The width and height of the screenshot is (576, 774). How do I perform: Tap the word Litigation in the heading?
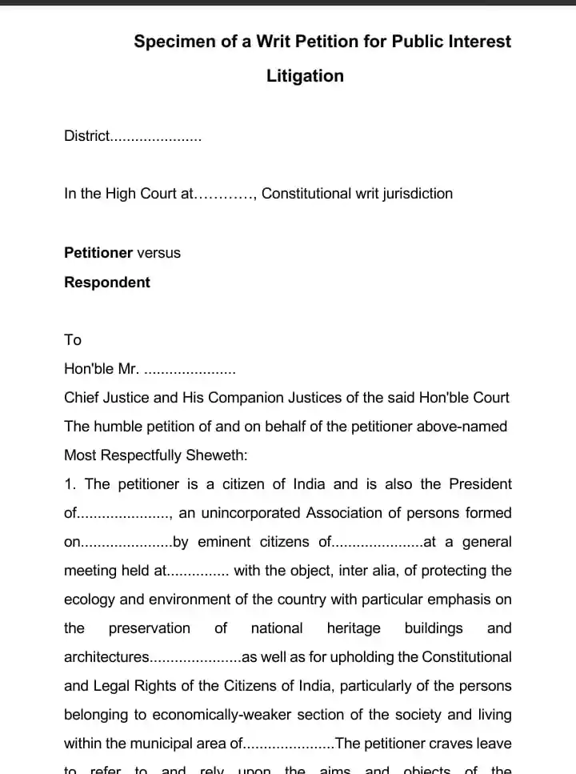tap(305, 76)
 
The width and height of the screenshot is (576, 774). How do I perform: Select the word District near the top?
tap(86, 136)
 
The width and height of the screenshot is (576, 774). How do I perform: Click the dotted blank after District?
tap(155, 137)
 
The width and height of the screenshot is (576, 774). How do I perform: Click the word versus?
tap(158, 253)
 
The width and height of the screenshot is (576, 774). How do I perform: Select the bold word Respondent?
tap(107, 283)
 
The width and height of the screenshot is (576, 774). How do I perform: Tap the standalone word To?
tap(73, 340)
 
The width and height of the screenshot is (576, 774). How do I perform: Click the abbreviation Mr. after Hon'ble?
tap(128, 369)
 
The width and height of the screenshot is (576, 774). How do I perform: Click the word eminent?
tap(224, 542)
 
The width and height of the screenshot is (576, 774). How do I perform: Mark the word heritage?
tap(354, 628)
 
